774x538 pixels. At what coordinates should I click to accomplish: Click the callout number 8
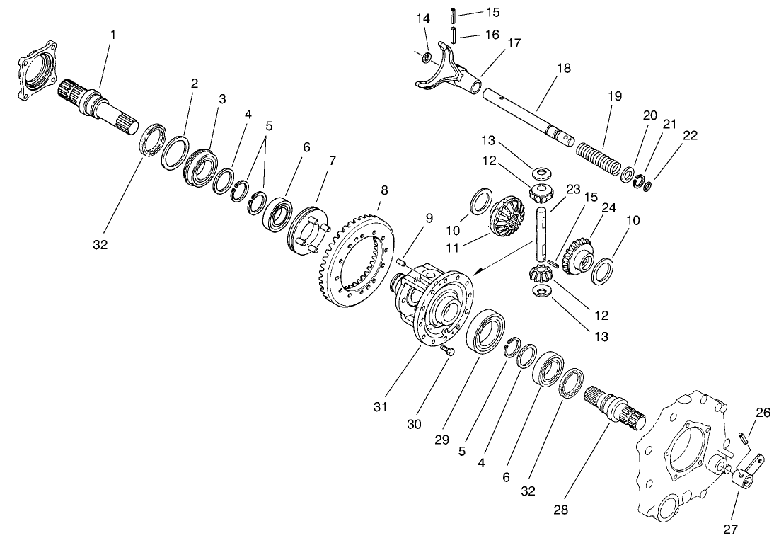(384, 190)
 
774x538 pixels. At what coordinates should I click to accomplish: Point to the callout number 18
(563, 68)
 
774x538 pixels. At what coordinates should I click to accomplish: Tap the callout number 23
(572, 189)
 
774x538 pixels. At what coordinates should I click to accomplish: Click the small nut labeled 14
(427, 56)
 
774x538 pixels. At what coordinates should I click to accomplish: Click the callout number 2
(194, 83)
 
